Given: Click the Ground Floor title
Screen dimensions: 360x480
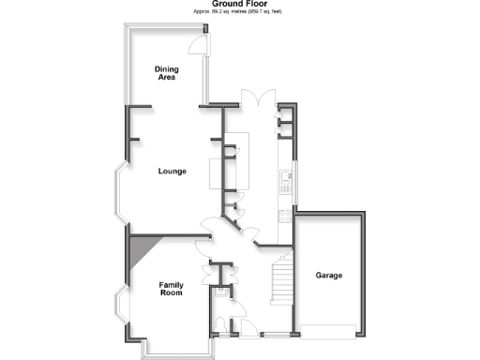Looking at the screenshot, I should point(239,4).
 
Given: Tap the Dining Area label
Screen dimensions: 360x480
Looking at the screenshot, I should point(167,73).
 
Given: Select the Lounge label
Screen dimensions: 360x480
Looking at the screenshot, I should point(172,171).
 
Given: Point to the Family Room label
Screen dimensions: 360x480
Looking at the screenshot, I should point(170,289).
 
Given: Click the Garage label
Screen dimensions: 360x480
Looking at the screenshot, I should point(328,276).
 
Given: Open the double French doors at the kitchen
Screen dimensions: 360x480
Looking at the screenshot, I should point(255,99).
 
